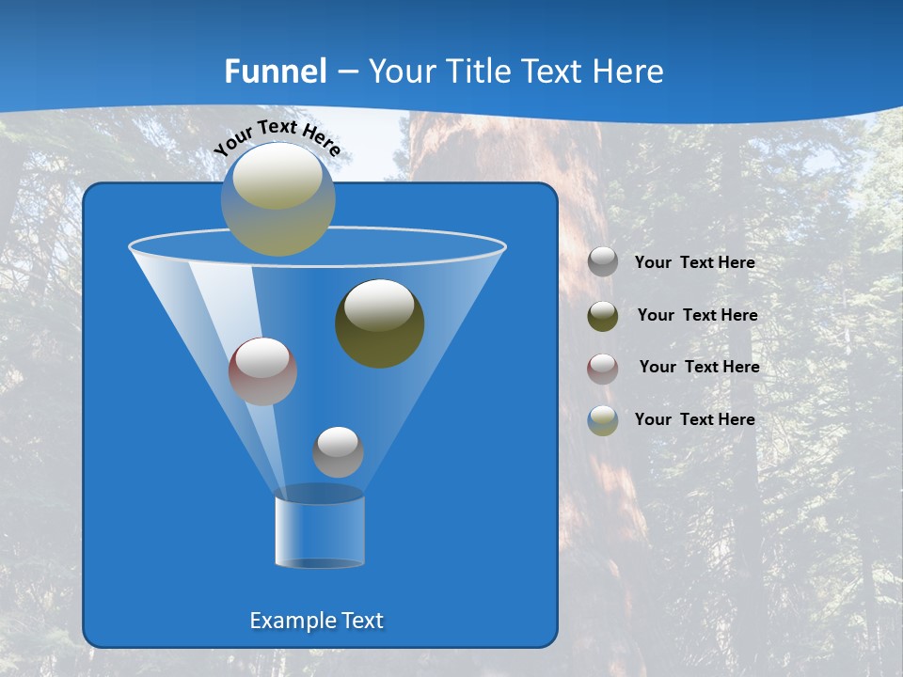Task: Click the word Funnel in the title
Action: click(x=275, y=71)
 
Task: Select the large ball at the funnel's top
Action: click(x=278, y=199)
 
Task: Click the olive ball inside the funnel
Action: click(x=380, y=324)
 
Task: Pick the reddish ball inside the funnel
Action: click(x=262, y=371)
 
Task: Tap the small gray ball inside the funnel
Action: click(x=338, y=452)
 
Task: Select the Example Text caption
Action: click(x=317, y=621)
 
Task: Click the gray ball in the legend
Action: click(x=603, y=262)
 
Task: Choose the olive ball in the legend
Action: click(x=603, y=316)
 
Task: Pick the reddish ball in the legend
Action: click(x=603, y=368)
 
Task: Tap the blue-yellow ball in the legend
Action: click(x=603, y=420)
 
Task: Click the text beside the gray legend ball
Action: click(x=694, y=263)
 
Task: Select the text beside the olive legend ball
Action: click(x=697, y=316)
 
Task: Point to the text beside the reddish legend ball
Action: click(x=699, y=368)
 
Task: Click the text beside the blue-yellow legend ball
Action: click(x=694, y=419)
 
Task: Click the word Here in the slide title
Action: click(x=630, y=71)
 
